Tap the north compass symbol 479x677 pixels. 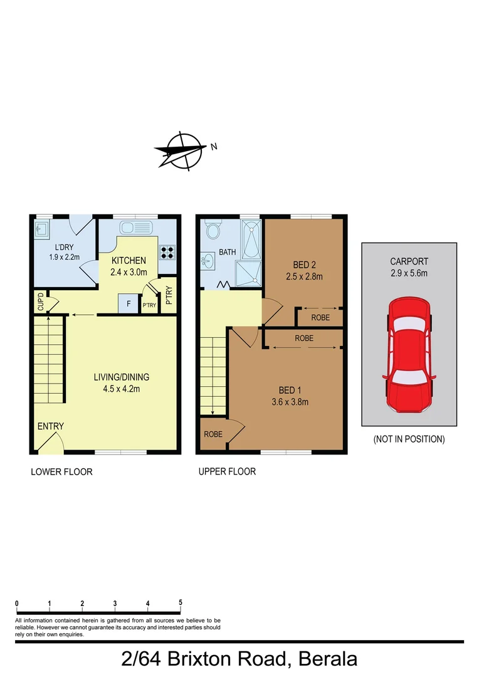[x=182, y=150]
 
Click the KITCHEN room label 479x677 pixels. [x=129, y=261]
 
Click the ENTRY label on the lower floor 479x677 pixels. [x=50, y=426]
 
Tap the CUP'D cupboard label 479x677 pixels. [x=41, y=302]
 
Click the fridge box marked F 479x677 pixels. [x=129, y=303]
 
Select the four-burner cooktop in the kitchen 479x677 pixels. [x=167, y=252]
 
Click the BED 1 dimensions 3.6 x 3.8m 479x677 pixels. [x=290, y=402]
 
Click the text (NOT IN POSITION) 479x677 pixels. [x=409, y=439]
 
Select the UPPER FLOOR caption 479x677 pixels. [x=227, y=471]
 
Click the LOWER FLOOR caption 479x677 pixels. [x=61, y=471]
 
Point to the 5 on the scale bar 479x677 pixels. [x=181, y=603]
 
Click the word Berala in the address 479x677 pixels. [x=328, y=659]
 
